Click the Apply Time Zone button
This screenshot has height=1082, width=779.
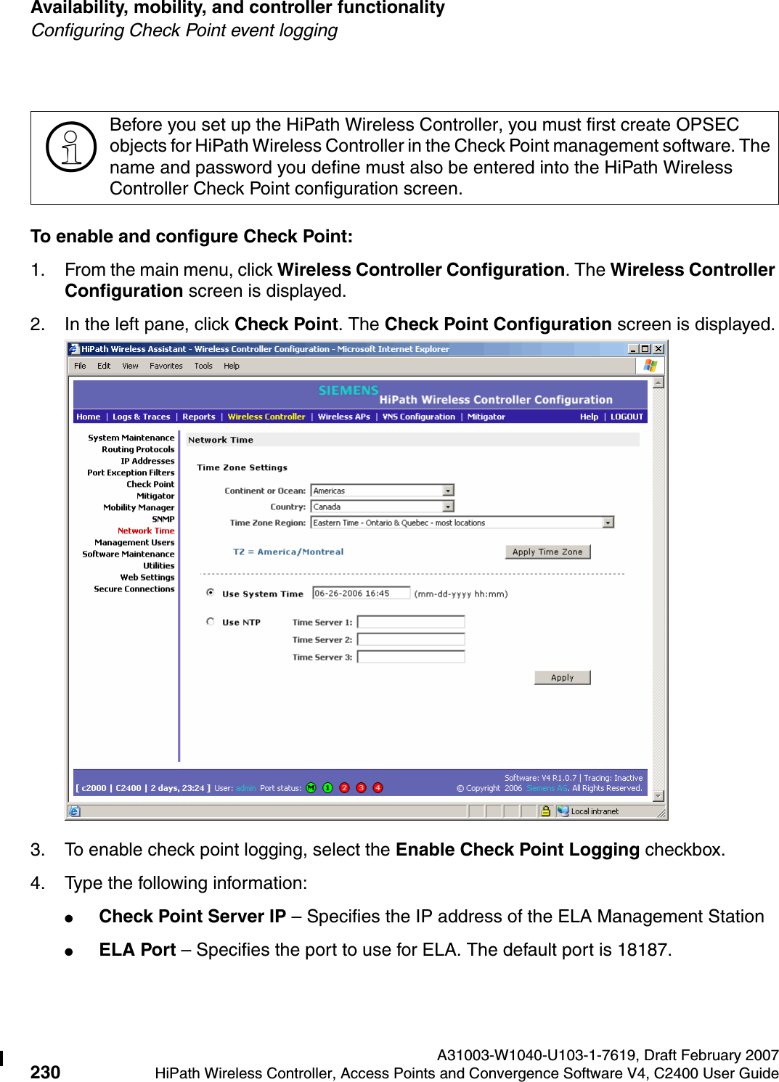pos(547,552)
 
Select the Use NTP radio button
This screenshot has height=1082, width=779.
pos(211,621)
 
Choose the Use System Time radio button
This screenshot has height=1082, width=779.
pos(211,593)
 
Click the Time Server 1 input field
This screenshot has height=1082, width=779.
pos(411,622)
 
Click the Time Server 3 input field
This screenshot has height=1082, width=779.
pos(411,657)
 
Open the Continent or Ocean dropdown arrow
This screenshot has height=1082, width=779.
pos(448,491)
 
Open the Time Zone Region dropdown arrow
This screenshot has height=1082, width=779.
pos(608,522)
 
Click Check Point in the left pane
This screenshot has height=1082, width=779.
pos(150,484)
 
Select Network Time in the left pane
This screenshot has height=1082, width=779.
pos(146,530)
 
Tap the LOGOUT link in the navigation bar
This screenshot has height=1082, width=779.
pos(627,417)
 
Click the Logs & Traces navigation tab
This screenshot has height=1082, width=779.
pos(142,417)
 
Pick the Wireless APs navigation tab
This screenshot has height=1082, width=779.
pos(344,417)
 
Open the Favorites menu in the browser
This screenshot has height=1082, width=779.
pos(166,366)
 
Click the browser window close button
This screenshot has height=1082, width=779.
pos(658,349)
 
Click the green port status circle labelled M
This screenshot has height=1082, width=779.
pos(311,788)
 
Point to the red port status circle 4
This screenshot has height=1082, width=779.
pos(378,788)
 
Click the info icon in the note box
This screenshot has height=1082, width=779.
pos(71,147)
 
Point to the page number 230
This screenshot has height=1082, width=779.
pos(45,1072)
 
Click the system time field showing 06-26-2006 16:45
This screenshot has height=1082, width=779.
pos(361,593)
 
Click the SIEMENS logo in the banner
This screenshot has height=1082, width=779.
pos(348,390)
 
